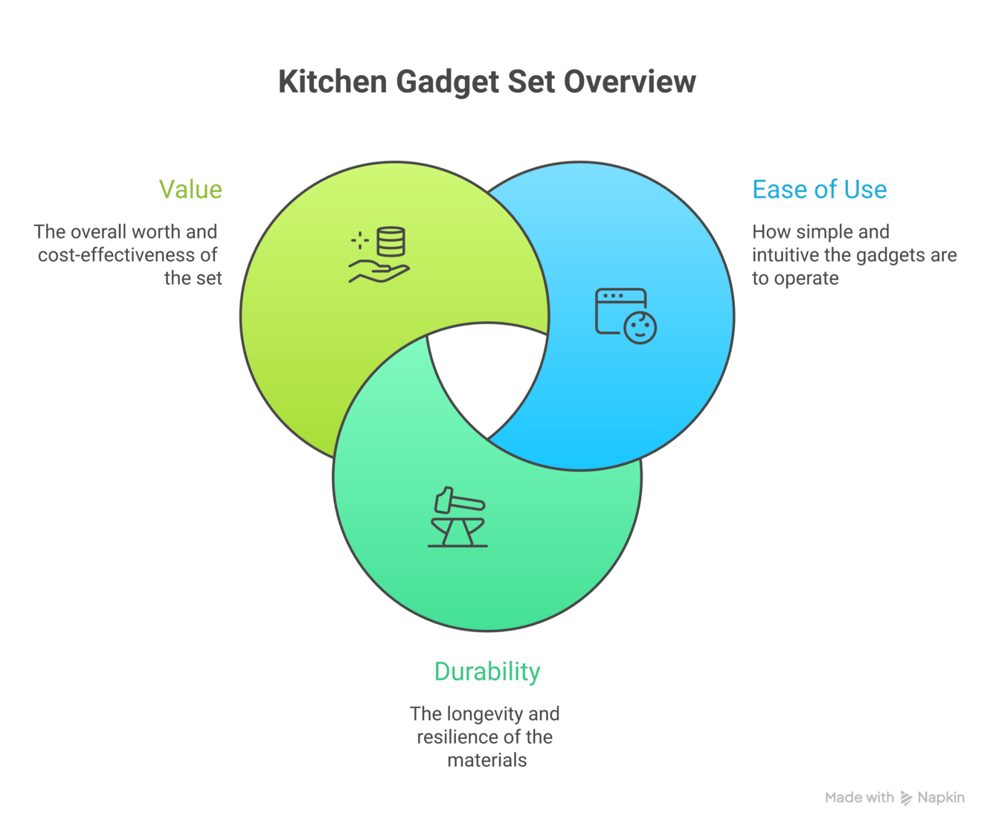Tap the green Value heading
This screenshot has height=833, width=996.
click(190, 190)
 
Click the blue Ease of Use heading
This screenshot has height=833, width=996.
click(819, 190)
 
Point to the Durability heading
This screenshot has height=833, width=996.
click(487, 672)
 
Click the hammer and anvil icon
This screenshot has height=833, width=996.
click(457, 518)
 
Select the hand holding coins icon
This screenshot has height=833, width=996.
click(379, 255)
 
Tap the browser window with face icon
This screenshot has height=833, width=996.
click(625, 315)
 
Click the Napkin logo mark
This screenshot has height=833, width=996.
click(906, 798)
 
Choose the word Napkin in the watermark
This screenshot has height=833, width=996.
click(941, 798)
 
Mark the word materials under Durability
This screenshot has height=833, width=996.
click(487, 760)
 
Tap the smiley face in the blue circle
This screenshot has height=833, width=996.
click(640, 328)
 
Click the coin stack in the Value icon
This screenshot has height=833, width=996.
click(391, 242)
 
